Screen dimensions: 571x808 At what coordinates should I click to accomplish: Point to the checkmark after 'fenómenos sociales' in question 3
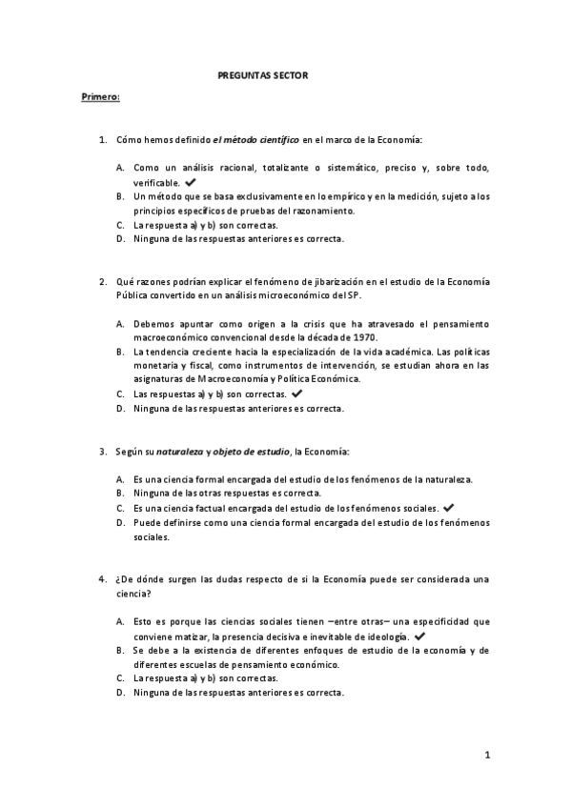coord(448,508)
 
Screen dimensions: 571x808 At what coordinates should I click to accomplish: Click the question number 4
coord(103,578)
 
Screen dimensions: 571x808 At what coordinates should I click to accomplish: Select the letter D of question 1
coord(121,238)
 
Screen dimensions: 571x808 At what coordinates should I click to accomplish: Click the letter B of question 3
coord(121,494)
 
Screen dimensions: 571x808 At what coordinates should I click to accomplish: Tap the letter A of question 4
coord(121,620)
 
